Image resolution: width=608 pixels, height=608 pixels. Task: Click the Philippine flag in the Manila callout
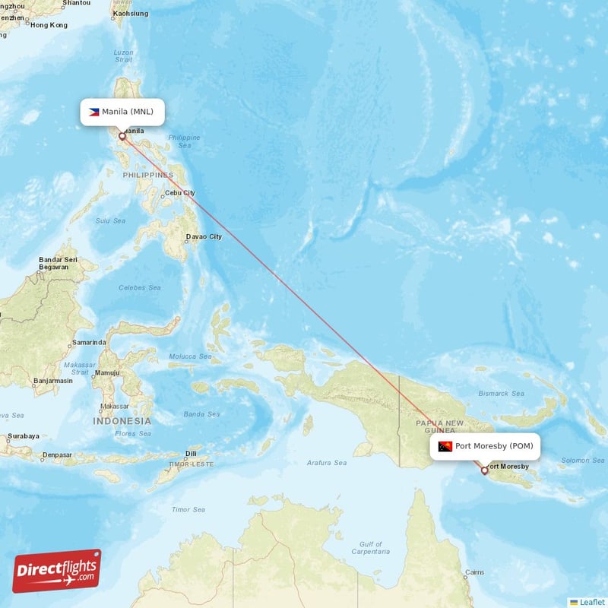tap(94, 112)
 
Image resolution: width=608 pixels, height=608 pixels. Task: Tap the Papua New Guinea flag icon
tap(445, 446)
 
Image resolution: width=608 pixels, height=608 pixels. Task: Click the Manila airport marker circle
tap(122, 137)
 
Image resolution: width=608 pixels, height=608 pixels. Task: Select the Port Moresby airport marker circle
tap(484, 470)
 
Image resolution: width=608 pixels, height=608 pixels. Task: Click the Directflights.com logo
tap(57, 571)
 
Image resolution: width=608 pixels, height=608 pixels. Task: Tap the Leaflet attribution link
tap(591, 601)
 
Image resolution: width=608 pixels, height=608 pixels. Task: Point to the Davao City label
tap(204, 236)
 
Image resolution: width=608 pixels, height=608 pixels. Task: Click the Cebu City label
tap(180, 192)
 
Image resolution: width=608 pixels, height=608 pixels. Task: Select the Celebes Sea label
tap(140, 288)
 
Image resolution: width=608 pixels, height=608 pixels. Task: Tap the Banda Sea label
tap(201, 414)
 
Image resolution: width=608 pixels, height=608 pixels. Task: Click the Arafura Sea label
tap(327, 462)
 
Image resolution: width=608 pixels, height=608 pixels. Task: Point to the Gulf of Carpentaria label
tap(372, 548)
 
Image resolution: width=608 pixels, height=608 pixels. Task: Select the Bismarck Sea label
tap(502, 394)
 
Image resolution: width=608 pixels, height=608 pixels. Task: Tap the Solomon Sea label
tap(582, 460)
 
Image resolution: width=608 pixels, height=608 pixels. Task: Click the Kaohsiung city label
tap(131, 14)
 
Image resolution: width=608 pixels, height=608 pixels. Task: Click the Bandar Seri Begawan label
tap(59, 264)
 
